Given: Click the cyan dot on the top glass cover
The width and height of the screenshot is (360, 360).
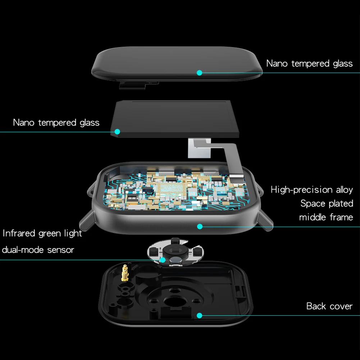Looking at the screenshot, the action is pos(199,73).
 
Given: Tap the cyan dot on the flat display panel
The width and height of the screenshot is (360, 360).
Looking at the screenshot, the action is pos(117,132).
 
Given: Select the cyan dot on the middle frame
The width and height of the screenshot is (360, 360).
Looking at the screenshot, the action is pos(200,227).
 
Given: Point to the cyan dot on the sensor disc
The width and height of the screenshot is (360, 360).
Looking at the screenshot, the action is pos(163,260).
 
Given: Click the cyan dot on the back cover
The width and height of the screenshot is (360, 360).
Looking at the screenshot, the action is pos(199,315).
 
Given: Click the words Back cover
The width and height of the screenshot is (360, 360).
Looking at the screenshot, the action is pos(329,306).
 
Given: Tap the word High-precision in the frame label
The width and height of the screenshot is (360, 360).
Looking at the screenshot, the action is pos(301,190).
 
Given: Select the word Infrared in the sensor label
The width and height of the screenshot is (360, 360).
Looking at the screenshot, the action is pos(19,233).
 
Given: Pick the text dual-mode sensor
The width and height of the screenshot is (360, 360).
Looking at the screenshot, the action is pos(38,250).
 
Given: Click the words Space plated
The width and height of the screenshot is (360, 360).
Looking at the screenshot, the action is pos(327,204).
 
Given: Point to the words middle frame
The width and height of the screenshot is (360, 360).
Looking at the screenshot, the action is pos(326,217).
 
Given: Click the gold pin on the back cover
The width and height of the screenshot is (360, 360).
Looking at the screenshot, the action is pos(125,273).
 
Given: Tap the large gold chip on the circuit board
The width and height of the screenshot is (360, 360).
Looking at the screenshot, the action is pos(172,189).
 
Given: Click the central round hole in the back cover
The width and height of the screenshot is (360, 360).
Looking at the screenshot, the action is pos(175,301).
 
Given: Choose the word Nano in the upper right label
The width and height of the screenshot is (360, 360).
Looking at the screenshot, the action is pos(277,64).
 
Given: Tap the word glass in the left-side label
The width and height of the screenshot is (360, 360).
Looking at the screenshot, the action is pos(90,123).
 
